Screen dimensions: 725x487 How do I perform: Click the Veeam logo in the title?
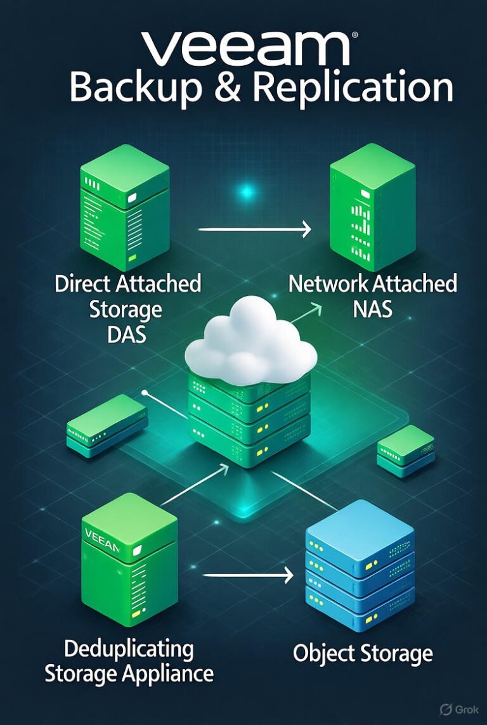pos(244,49)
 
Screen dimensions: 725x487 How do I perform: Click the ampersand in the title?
pos(228,88)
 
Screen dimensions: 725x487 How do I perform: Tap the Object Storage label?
pos(363,653)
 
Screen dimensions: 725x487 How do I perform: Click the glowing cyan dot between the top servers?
pos(246,191)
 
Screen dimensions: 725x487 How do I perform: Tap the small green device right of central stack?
pos(405,450)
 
